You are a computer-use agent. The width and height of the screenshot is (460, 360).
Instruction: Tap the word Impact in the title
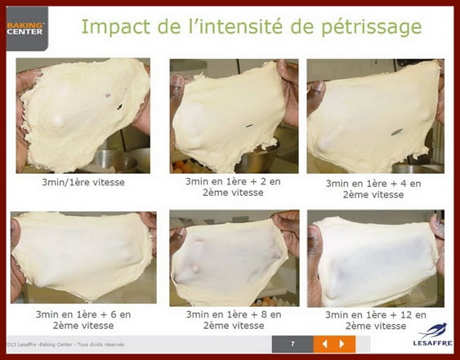click(x=118, y=29)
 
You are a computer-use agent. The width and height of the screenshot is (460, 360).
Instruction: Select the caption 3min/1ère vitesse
click(x=83, y=183)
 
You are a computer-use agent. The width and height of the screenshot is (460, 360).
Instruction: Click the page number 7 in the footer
click(x=292, y=344)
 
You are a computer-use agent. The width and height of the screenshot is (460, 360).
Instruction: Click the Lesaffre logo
click(x=432, y=336)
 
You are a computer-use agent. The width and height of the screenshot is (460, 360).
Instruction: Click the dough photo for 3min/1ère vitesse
click(x=83, y=115)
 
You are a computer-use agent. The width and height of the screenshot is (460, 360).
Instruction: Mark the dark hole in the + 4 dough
click(x=398, y=131)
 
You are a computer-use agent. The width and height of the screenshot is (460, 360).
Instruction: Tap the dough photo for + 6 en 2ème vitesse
click(x=83, y=257)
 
